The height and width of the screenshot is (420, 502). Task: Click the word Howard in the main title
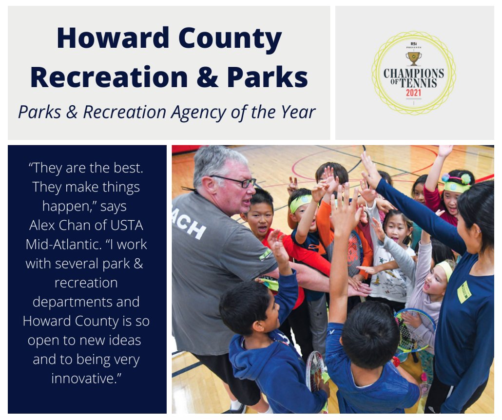coord(113,38)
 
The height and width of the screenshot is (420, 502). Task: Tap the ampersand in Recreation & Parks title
coord(207,77)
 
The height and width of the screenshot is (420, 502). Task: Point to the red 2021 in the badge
coord(414,93)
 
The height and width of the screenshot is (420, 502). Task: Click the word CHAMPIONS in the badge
coord(414,74)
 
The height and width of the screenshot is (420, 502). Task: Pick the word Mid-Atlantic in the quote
coord(64,245)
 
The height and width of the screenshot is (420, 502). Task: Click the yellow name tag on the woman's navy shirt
coord(464,292)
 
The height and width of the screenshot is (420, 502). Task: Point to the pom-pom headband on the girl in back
coord(457,183)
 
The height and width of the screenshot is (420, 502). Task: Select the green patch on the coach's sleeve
coord(266,255)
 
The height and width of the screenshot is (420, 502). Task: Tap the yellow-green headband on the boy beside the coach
coord(300,203)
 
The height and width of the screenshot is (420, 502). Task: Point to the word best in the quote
coord(128,168)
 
